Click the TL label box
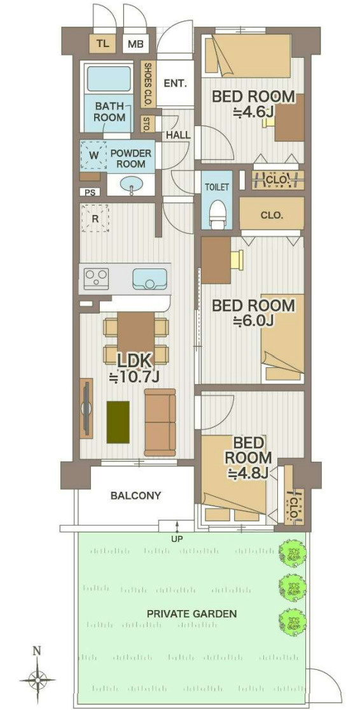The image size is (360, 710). [x=103, y=44]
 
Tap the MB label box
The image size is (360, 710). [x=135, y=45]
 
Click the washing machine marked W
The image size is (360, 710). [x=93, y=155]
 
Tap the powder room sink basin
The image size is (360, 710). [x=131, y=184]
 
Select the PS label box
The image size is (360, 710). [x=90, y=192]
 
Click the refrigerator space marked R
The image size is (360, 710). [x=95, y=218]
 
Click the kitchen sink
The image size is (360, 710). [x=150, y=279]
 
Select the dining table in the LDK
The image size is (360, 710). [x=136, y=335]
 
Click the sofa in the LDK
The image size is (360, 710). [x=160, y=422]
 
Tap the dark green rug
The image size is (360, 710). [x=118, y=422]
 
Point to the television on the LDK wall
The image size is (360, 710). [x=86, y=408]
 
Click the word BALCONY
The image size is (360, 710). [x=136, y=496]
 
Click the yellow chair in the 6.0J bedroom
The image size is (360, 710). [x=237, y=261]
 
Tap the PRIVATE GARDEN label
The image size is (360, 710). [x=191, y=614]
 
